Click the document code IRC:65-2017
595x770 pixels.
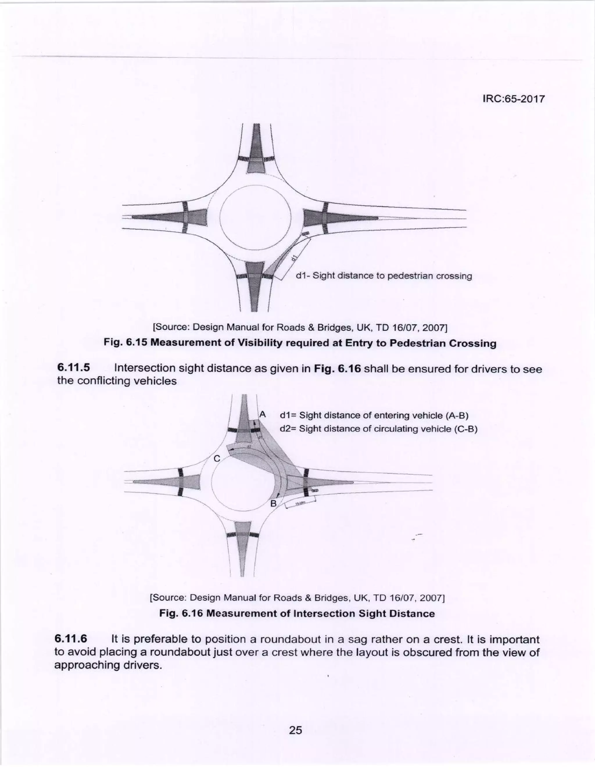pyautogui.click(x=513, y=99)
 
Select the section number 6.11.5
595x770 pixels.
pyautogui.click(x=73, y=368)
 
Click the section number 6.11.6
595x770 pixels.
pyautogui.click(x=71, y=639)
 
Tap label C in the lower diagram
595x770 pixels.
pyautogui.click(x=217, y=459)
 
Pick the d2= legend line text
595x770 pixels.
pyautogui.click(x=378, y=429)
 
